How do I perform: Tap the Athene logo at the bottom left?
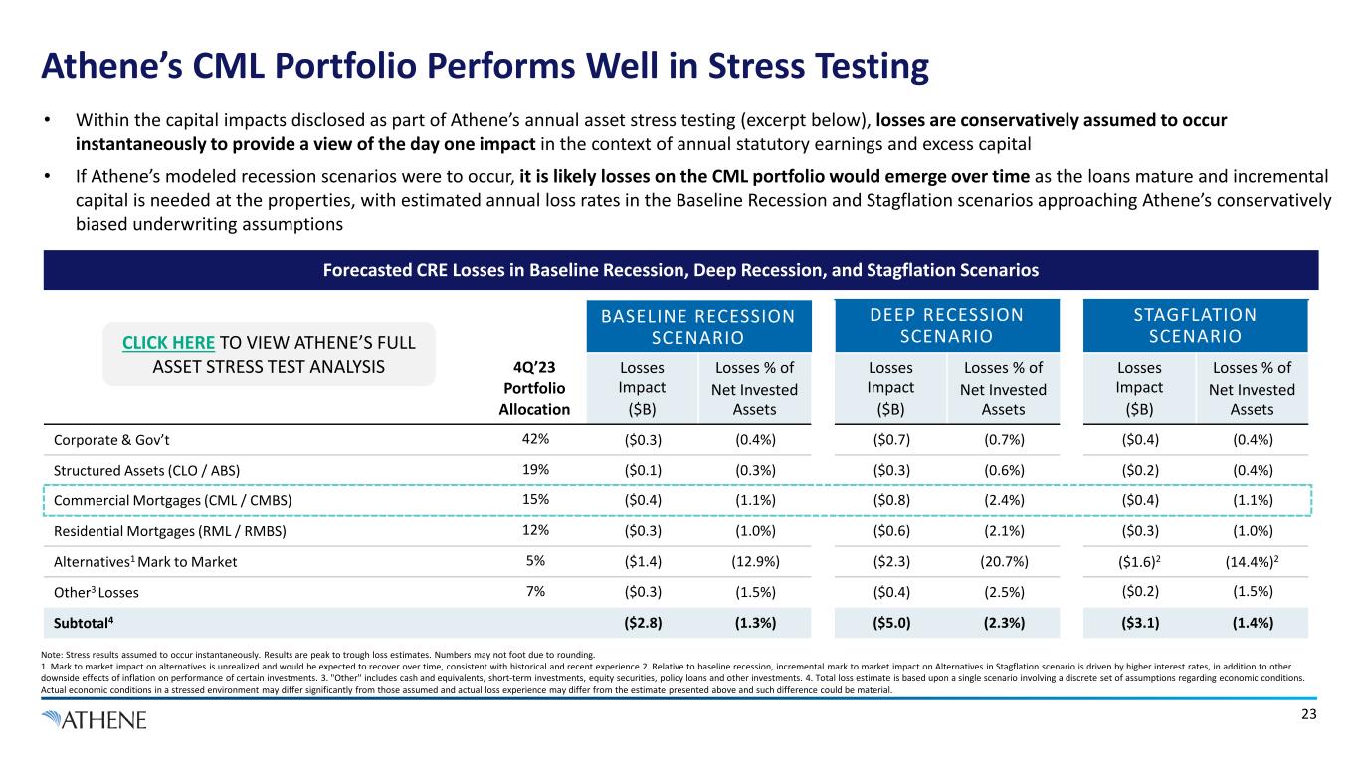95,718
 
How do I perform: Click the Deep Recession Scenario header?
945,325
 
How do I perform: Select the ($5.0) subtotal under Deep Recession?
887,624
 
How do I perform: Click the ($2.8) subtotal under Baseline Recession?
639,624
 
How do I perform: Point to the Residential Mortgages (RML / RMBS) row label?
163,531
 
